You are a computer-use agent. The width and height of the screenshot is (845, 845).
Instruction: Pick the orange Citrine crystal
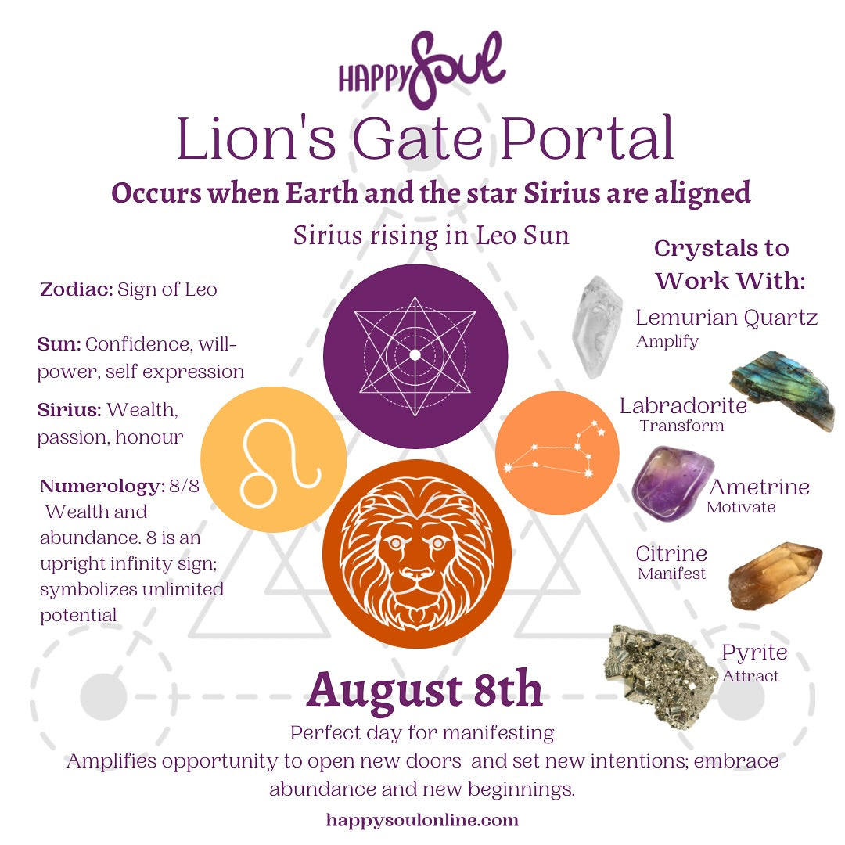point(775,575)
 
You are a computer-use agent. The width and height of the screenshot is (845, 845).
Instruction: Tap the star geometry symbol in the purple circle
point(415,356)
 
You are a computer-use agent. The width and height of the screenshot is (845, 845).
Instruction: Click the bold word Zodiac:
point(76,290)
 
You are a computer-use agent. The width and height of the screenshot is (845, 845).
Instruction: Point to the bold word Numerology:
point(101,487)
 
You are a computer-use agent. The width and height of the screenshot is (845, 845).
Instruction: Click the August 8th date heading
point(424,689)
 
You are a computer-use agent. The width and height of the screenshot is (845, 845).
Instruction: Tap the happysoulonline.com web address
point(422,821)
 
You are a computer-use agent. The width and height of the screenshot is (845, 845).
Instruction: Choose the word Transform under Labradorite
point(681,426)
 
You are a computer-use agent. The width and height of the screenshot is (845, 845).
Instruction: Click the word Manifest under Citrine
point(671,574)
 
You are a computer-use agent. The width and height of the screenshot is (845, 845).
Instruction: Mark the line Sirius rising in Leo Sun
point(431,235)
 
